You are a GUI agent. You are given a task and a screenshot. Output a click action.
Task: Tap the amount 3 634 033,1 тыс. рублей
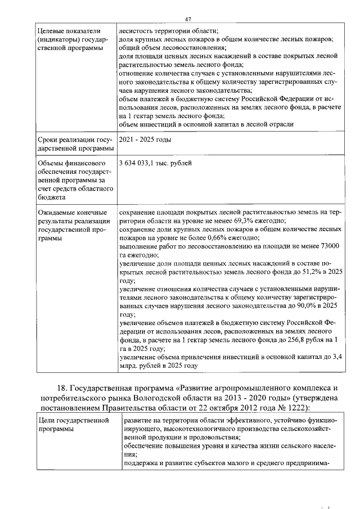(x=155, y=163)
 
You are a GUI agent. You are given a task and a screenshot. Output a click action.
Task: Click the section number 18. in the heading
(x=64, y=388)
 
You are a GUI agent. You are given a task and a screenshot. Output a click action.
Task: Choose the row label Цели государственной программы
(x=73, y=425)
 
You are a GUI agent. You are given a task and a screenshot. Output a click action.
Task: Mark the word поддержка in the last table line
(x=143, y=463)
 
